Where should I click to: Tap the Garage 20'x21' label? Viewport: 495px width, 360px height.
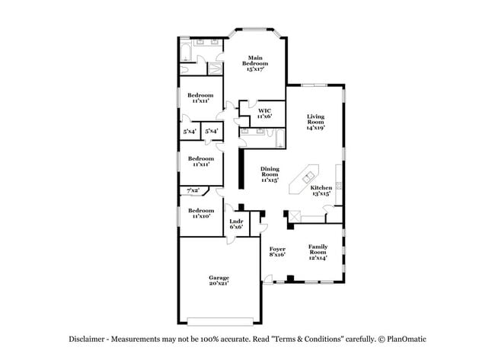219,281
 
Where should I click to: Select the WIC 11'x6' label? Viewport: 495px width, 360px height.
264,114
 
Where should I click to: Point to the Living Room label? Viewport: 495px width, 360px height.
315,122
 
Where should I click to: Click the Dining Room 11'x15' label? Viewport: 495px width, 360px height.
270,174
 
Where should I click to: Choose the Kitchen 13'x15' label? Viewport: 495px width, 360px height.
321,190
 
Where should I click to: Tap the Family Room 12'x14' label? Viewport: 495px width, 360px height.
318,252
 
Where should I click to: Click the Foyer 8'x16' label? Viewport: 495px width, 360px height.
276,252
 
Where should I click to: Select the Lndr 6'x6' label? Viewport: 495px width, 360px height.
236,225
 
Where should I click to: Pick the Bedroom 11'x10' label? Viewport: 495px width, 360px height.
200,212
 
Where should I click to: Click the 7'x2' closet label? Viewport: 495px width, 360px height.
193,190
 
